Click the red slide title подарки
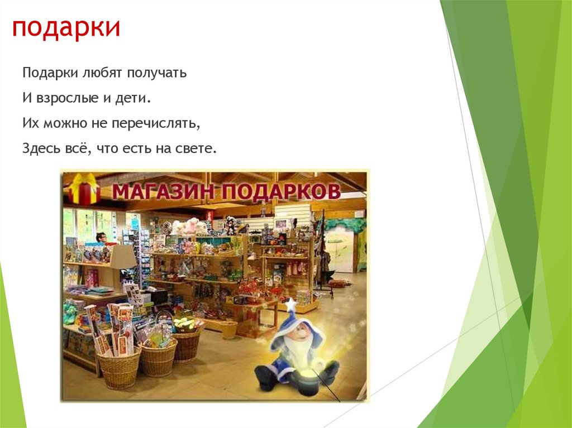click(66, 28)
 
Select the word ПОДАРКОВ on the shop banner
click(281, 192)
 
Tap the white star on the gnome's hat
click(290, 305)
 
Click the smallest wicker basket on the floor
click(228, 330)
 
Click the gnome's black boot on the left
click(265, 378)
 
